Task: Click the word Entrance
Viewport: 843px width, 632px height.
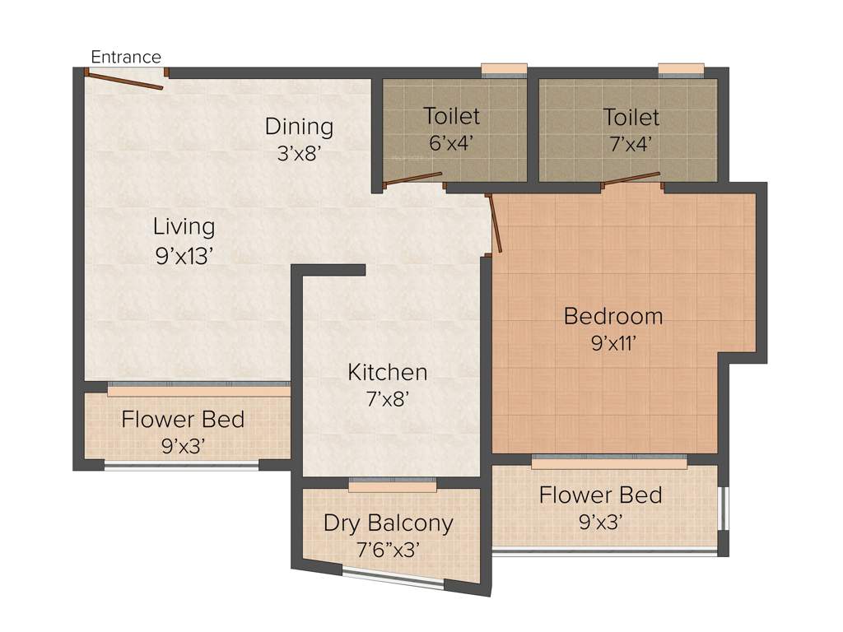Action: coord(126,57)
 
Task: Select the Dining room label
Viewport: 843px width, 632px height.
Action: coord(299,127)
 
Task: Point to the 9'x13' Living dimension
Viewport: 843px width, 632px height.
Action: coord(184,256)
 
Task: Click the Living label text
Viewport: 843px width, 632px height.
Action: coord(184,226)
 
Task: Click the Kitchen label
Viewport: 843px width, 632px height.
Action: coord(387,372)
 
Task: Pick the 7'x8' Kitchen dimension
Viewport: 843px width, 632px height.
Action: coord(388,399)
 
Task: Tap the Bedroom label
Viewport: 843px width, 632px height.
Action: coord(613,316)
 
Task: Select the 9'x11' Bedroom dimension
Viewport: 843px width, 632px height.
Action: coord(614,343)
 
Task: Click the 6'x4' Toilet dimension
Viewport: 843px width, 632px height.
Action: coord(451,143)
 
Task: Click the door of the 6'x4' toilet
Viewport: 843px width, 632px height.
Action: coord(413,179)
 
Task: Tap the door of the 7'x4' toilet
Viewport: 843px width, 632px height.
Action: coord(631,179)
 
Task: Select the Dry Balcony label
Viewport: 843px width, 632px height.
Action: coord(388,523)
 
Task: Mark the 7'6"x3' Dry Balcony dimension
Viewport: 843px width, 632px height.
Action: coord(388,549)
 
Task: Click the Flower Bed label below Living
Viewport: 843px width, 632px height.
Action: coord(183,420)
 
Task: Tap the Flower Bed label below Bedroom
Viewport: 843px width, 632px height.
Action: coord(601,495)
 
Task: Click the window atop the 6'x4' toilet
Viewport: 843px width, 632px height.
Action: coord(504,69)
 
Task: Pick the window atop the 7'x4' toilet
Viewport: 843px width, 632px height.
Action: coord(681,69)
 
